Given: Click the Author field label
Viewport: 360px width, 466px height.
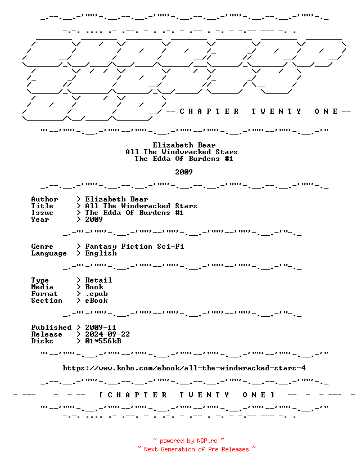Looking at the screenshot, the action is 44,199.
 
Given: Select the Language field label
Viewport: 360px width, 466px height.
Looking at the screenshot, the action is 49,253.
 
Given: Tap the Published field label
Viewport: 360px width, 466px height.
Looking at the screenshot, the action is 51,328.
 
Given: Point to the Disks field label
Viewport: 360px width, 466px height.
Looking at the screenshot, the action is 42,341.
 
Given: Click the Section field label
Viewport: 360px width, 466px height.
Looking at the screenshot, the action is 47,301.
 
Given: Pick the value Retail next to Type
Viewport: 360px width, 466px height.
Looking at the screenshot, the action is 98,280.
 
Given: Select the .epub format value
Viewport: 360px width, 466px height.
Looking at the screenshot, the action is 96,294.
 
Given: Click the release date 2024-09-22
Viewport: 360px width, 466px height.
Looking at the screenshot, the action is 107,334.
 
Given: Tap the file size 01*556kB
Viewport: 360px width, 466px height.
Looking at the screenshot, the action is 103,341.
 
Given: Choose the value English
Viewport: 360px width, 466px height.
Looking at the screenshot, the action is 101,253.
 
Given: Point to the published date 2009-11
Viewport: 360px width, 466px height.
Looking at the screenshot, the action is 101,328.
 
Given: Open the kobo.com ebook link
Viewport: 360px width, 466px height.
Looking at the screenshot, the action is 184,368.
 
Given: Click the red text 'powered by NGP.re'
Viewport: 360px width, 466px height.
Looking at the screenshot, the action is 188,441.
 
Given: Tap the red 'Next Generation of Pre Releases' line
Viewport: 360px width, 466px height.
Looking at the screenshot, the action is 196,449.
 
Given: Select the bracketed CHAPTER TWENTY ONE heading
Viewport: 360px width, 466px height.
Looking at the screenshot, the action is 187,395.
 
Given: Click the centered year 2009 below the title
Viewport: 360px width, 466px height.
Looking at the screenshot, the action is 184,172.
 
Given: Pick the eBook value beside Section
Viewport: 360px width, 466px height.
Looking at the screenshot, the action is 96,301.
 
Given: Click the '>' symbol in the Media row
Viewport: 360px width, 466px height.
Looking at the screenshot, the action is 78,287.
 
